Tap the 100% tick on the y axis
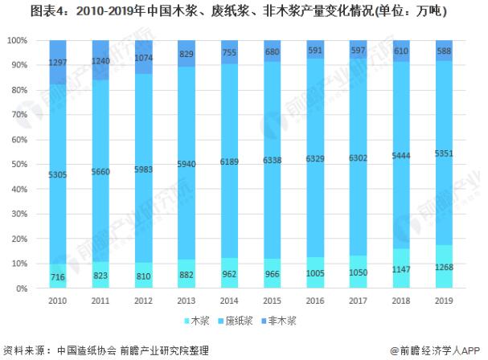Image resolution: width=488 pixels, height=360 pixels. (15, 40)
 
